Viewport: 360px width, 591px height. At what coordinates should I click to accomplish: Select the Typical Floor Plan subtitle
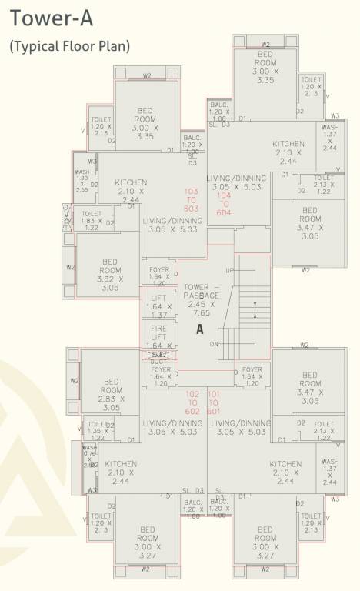point(70,46)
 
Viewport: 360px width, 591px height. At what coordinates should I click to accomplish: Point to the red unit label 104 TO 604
point(225,205)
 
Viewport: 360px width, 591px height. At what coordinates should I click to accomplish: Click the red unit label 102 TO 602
point(193,402)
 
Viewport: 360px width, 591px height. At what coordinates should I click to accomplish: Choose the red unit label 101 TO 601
point(214,402)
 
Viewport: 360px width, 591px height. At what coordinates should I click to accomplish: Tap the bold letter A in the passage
point(199,329)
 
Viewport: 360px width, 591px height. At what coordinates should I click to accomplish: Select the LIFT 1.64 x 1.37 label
point(159,306)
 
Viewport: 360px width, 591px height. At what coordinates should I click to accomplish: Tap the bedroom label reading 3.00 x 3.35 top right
point(266,66)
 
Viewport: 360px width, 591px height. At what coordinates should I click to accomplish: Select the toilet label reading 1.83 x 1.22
point(92,220)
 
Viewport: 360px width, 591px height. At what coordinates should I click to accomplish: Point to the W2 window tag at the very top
point(265,45)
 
